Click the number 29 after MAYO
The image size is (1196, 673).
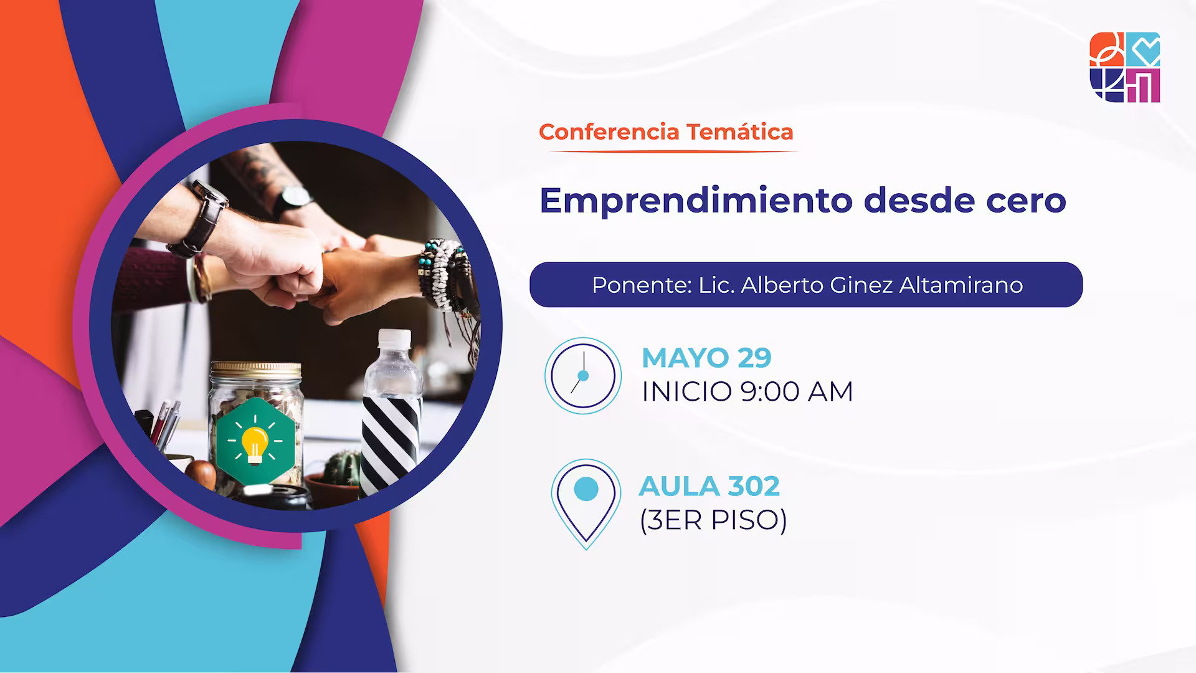(x=754, y=358)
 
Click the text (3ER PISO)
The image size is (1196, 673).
(x=713, y=520)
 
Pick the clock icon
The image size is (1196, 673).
(x=583, y=376)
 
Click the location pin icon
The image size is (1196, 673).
(x=586, y=502)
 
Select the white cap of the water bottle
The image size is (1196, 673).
(x=395, y=340)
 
